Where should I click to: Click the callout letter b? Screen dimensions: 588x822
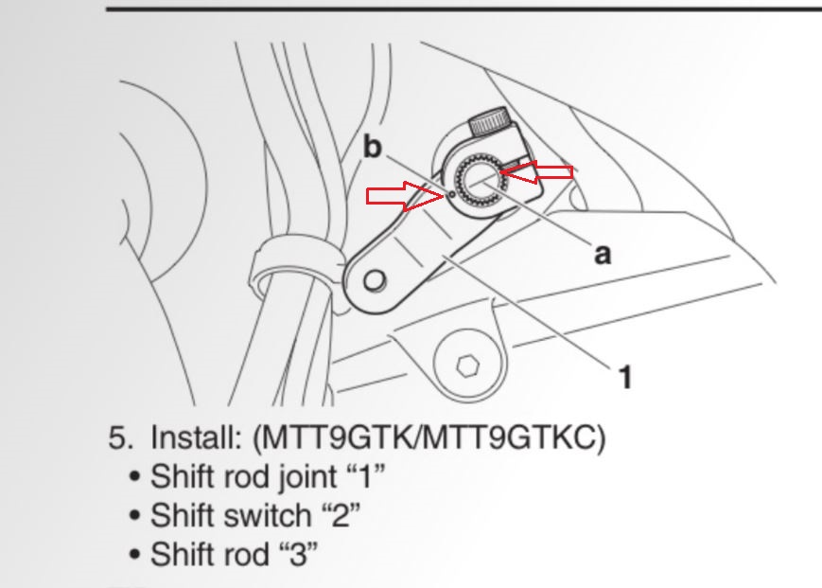pos(375,147)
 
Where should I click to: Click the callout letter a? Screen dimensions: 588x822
pos(602,253)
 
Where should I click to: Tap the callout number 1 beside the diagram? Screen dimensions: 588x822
pos(624,377)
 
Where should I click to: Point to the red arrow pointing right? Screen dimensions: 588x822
pos(402,196)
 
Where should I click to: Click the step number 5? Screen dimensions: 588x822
pos(118,439)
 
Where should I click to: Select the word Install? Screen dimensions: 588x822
pos(196,439)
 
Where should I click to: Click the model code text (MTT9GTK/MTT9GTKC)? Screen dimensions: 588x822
pos(428,439)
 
